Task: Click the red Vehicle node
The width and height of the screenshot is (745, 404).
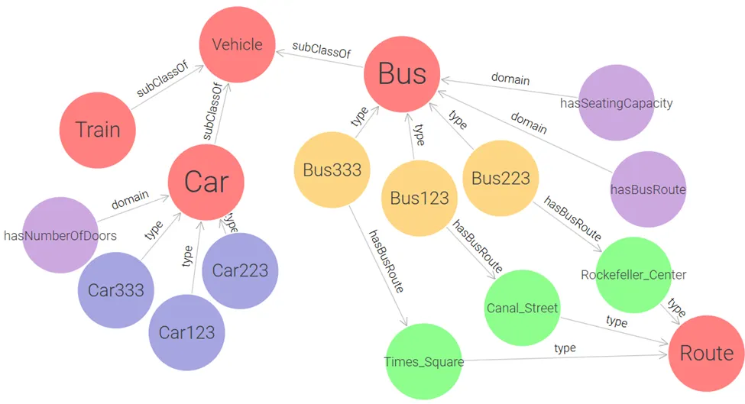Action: [237, 44]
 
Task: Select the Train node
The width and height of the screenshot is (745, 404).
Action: [98, 129]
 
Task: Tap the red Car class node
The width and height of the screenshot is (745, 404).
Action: [206, 183]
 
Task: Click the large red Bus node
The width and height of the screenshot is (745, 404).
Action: [402, 74]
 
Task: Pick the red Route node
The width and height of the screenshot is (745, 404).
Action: [706, 353]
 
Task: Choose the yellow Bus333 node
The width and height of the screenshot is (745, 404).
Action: [332, 169]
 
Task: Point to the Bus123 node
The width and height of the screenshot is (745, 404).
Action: [419, 199]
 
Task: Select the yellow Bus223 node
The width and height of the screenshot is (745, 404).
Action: [500, 179]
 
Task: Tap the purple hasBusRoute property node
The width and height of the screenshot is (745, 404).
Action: [648, 189]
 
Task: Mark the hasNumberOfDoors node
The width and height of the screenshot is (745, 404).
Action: [60, 235]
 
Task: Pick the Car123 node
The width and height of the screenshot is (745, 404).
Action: [186, 332]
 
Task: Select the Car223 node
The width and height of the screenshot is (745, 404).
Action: [239, 270]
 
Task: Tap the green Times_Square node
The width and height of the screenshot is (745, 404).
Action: [423, 361]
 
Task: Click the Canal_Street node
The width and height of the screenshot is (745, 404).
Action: [522, 308]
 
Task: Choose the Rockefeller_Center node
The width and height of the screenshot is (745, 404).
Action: [633, 274]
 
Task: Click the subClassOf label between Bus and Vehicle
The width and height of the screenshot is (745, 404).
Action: [321, 48]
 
